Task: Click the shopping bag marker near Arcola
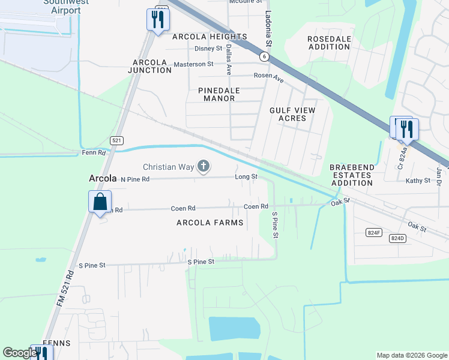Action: pyautogui.click(x=100, y=202)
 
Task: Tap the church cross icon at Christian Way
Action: pyautogui.click(x=204, y=166)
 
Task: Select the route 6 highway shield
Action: pyautogui.click(x=264, y=56)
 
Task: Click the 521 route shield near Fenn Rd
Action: pyautogui.click(x=118, y=140)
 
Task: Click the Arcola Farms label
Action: pyautogui.click(x=210, y=223)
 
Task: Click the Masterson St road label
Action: pyautogui.click(x=193, y=64)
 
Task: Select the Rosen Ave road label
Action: pyautogui.click(x=268, y=76)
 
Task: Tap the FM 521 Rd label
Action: pyautogui.click(x=65, y=289)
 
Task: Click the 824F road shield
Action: pyautogui.click(x=374, y=232)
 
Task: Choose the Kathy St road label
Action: pyautogui.click(x=418, y=181)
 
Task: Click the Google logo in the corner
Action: pyautogui.click(x=20, y=353)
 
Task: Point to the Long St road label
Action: pyautogui.click(x=246, y=177)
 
